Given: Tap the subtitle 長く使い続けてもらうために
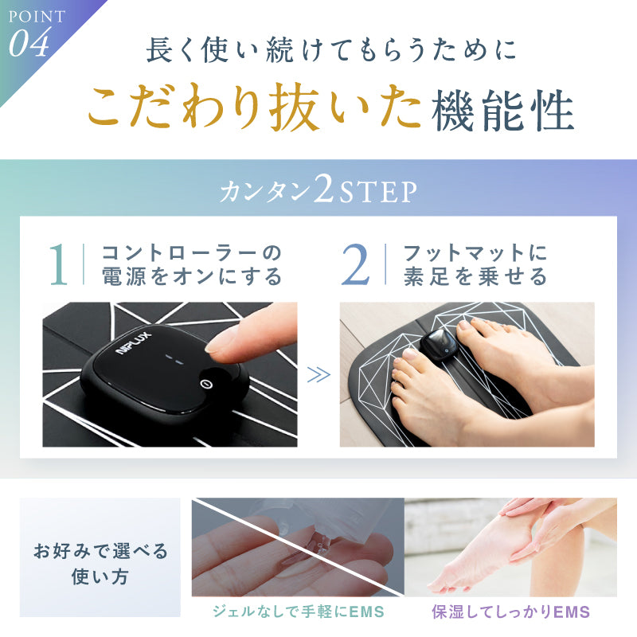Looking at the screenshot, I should [x=330, y=49].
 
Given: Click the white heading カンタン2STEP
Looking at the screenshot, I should [x=318, y=191].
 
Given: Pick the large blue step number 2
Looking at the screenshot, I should [x=356, y=266].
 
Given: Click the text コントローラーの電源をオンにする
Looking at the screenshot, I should [x=192, y=265].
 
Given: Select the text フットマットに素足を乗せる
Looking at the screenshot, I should [x=475, y=265].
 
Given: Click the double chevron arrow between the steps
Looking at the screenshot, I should [x=318, y=375].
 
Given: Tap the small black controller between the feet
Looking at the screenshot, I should [x=439, y=346].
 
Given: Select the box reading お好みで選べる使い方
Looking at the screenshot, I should [x=100, y=563].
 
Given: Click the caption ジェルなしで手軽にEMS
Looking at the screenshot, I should [x=298, y=612].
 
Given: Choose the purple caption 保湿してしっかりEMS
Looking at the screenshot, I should [x=510, y=612].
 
